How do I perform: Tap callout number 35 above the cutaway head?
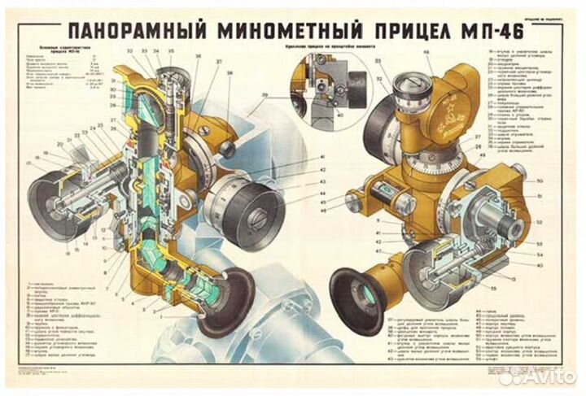click(170, 51)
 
